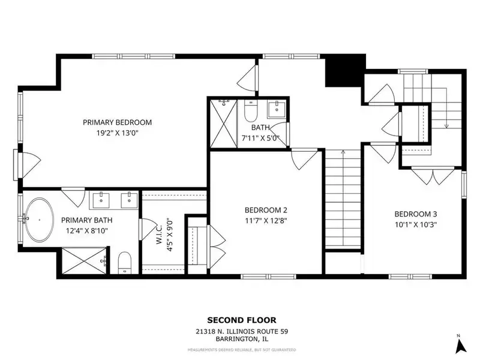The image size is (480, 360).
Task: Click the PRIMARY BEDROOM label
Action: coord(117,122)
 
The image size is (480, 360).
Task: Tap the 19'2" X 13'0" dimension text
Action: coord(117,133)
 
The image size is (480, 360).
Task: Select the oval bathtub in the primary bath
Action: coord(39,220)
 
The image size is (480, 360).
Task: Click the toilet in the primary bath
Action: coord(124,263)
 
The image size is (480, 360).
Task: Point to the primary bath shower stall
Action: coord(84,260)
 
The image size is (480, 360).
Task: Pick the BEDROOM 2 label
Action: coord(266,211)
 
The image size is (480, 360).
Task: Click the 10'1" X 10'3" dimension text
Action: coord(416,224)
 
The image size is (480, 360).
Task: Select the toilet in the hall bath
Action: coord(251,111)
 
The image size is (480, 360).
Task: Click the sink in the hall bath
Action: coord(277,110)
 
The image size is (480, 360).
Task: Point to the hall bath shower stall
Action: coord(224,124)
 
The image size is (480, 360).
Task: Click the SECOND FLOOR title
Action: coord(242,320)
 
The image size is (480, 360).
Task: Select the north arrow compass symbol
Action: coord(460,346)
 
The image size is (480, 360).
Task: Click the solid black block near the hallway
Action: coord(345,71)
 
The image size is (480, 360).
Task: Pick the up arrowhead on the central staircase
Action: coord(343,152)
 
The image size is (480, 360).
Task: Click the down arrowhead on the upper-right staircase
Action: coord(446,126)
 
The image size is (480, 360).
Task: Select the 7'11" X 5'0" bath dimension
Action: coord(260,138)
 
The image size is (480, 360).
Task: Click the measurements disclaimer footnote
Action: coord(242,350)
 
